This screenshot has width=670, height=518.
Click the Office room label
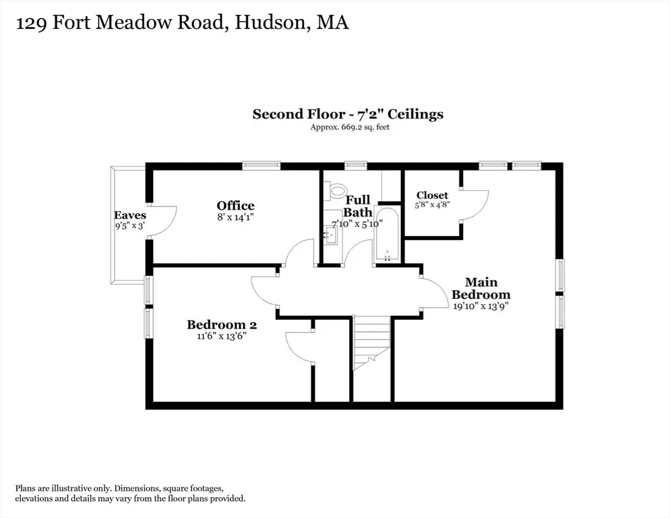(x=235, y=205)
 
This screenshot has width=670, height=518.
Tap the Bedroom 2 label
(x=222, y=324)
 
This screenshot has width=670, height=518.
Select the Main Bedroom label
(x=481, y=288)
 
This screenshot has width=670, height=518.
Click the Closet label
(x=433, y=196)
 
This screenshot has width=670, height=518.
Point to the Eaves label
(x=130, y=215)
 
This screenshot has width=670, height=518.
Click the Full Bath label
(x=358, y=206)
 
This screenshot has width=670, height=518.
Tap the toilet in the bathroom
(x=335, y=190)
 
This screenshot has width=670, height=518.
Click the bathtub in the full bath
(x=387, y=235)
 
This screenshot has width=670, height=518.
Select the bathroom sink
(x=330, y=235)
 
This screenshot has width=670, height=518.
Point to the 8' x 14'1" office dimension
(x=235, y=217)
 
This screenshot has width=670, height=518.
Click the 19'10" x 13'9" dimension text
(x=481, y=306)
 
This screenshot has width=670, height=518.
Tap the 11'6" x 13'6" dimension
(x=222, y=336)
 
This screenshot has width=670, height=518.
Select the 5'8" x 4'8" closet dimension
(x=433, y=205)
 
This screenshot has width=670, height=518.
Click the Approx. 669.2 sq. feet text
(x=350, y=127)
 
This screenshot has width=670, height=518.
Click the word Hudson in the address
(x=271, y=23)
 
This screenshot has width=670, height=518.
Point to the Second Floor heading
(x=299, y=114)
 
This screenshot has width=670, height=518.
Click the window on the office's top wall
(x=261, y=165)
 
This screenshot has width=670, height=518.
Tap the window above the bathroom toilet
(x=356, y=165)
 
